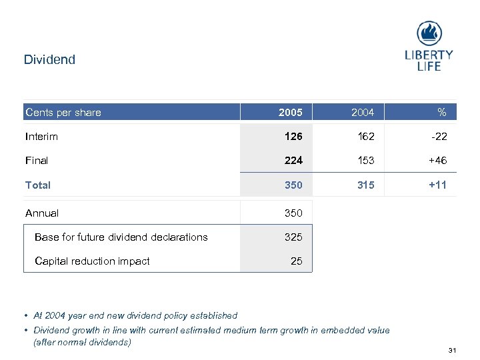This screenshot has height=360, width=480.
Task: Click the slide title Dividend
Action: coord(49,59)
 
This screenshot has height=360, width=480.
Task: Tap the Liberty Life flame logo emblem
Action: coord(429,33)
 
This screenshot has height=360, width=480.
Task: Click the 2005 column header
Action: coord(291,112)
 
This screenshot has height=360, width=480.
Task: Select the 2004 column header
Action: coord(363,112)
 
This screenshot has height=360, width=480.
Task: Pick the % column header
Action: coord(441,112)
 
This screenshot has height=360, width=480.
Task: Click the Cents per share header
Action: coord(63,112)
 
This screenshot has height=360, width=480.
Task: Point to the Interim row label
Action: coord(41,137)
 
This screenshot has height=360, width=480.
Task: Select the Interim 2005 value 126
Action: coord(293,137)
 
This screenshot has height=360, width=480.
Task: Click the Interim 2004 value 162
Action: coord(365,137)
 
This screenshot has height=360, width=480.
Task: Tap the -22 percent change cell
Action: coord(439,137)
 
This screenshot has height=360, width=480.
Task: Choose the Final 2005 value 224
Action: coord(293,161)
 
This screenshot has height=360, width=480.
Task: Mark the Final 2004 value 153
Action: coord(365,161)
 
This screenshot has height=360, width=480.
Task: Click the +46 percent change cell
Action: coord(437,161)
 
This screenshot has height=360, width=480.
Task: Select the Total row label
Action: coord(38,185)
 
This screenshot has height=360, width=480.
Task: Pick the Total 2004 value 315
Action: coord(365,185)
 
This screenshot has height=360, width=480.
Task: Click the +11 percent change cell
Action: coord(437,185)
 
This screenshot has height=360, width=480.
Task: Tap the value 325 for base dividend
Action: coord(293,237)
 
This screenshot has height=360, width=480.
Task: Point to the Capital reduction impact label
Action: coord(92,261)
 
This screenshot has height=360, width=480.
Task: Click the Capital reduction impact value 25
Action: coord(297,261)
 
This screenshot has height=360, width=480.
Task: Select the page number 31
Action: coord(453,351)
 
